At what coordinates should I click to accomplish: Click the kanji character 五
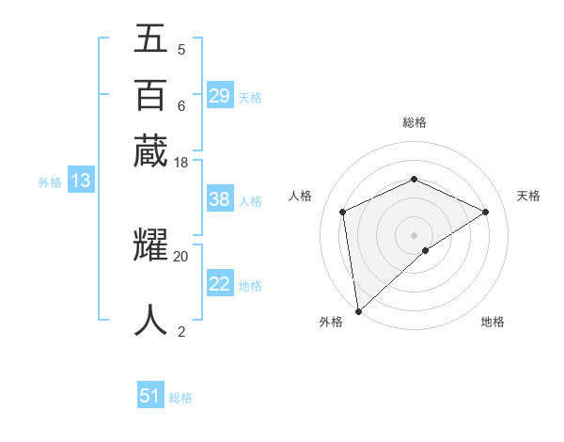click(x=150, y=39)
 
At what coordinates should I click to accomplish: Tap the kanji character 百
click(x=150, y=95)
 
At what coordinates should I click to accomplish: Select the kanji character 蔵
click(x=150, y=150)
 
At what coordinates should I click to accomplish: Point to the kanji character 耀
click(x=150, y=245)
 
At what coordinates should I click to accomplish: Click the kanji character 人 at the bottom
click(x=150, y=320)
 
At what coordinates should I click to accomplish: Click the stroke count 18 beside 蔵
click(x=181, y=163)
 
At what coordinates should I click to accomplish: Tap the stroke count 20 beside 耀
click(x=181, y=256)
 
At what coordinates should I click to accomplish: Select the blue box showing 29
click(x=220, y=96)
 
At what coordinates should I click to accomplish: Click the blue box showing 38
click(x=220, y=199)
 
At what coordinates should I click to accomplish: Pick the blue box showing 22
click(x=220, y=285)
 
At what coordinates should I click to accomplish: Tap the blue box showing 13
click(x=80, y=182)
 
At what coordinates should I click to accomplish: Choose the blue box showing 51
click(x=150, y=396)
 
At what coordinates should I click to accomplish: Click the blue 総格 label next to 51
click(x=180, y=398)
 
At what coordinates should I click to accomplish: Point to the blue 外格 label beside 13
click(x=50, y=182)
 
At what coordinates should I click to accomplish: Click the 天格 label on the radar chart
click(x=528, y=196)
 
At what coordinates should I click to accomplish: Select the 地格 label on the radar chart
click(x=493, y=322)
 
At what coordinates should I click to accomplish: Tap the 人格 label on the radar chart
click(x=300, y=196)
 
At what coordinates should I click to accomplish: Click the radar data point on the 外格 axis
click(x=358, y=311)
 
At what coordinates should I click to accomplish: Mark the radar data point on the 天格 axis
click(x=486, y=212)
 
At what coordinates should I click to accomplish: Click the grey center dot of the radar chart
click(x=414, y=234)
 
